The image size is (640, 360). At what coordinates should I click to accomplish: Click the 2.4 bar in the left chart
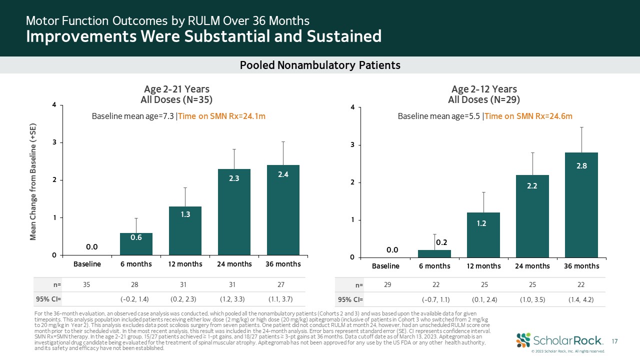(x=283, y=210)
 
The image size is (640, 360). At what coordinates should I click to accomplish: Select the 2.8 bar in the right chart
(x=581, y=205)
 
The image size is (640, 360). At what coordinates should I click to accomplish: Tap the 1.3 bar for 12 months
(x=185, y=230)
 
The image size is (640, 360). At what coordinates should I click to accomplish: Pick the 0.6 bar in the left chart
(x=136, y=244)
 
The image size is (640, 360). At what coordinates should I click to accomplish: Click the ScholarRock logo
(x=558, y=340)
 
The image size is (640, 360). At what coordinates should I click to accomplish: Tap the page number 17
(x=615, y=340)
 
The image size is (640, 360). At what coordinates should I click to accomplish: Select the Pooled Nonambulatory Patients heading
(x=320, y=65)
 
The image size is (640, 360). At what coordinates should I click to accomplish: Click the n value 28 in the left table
(x=134, y=284)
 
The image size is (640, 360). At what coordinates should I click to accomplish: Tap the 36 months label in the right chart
(x=581, y=266)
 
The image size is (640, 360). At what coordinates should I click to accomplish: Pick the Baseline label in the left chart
(x=87, y=263)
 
